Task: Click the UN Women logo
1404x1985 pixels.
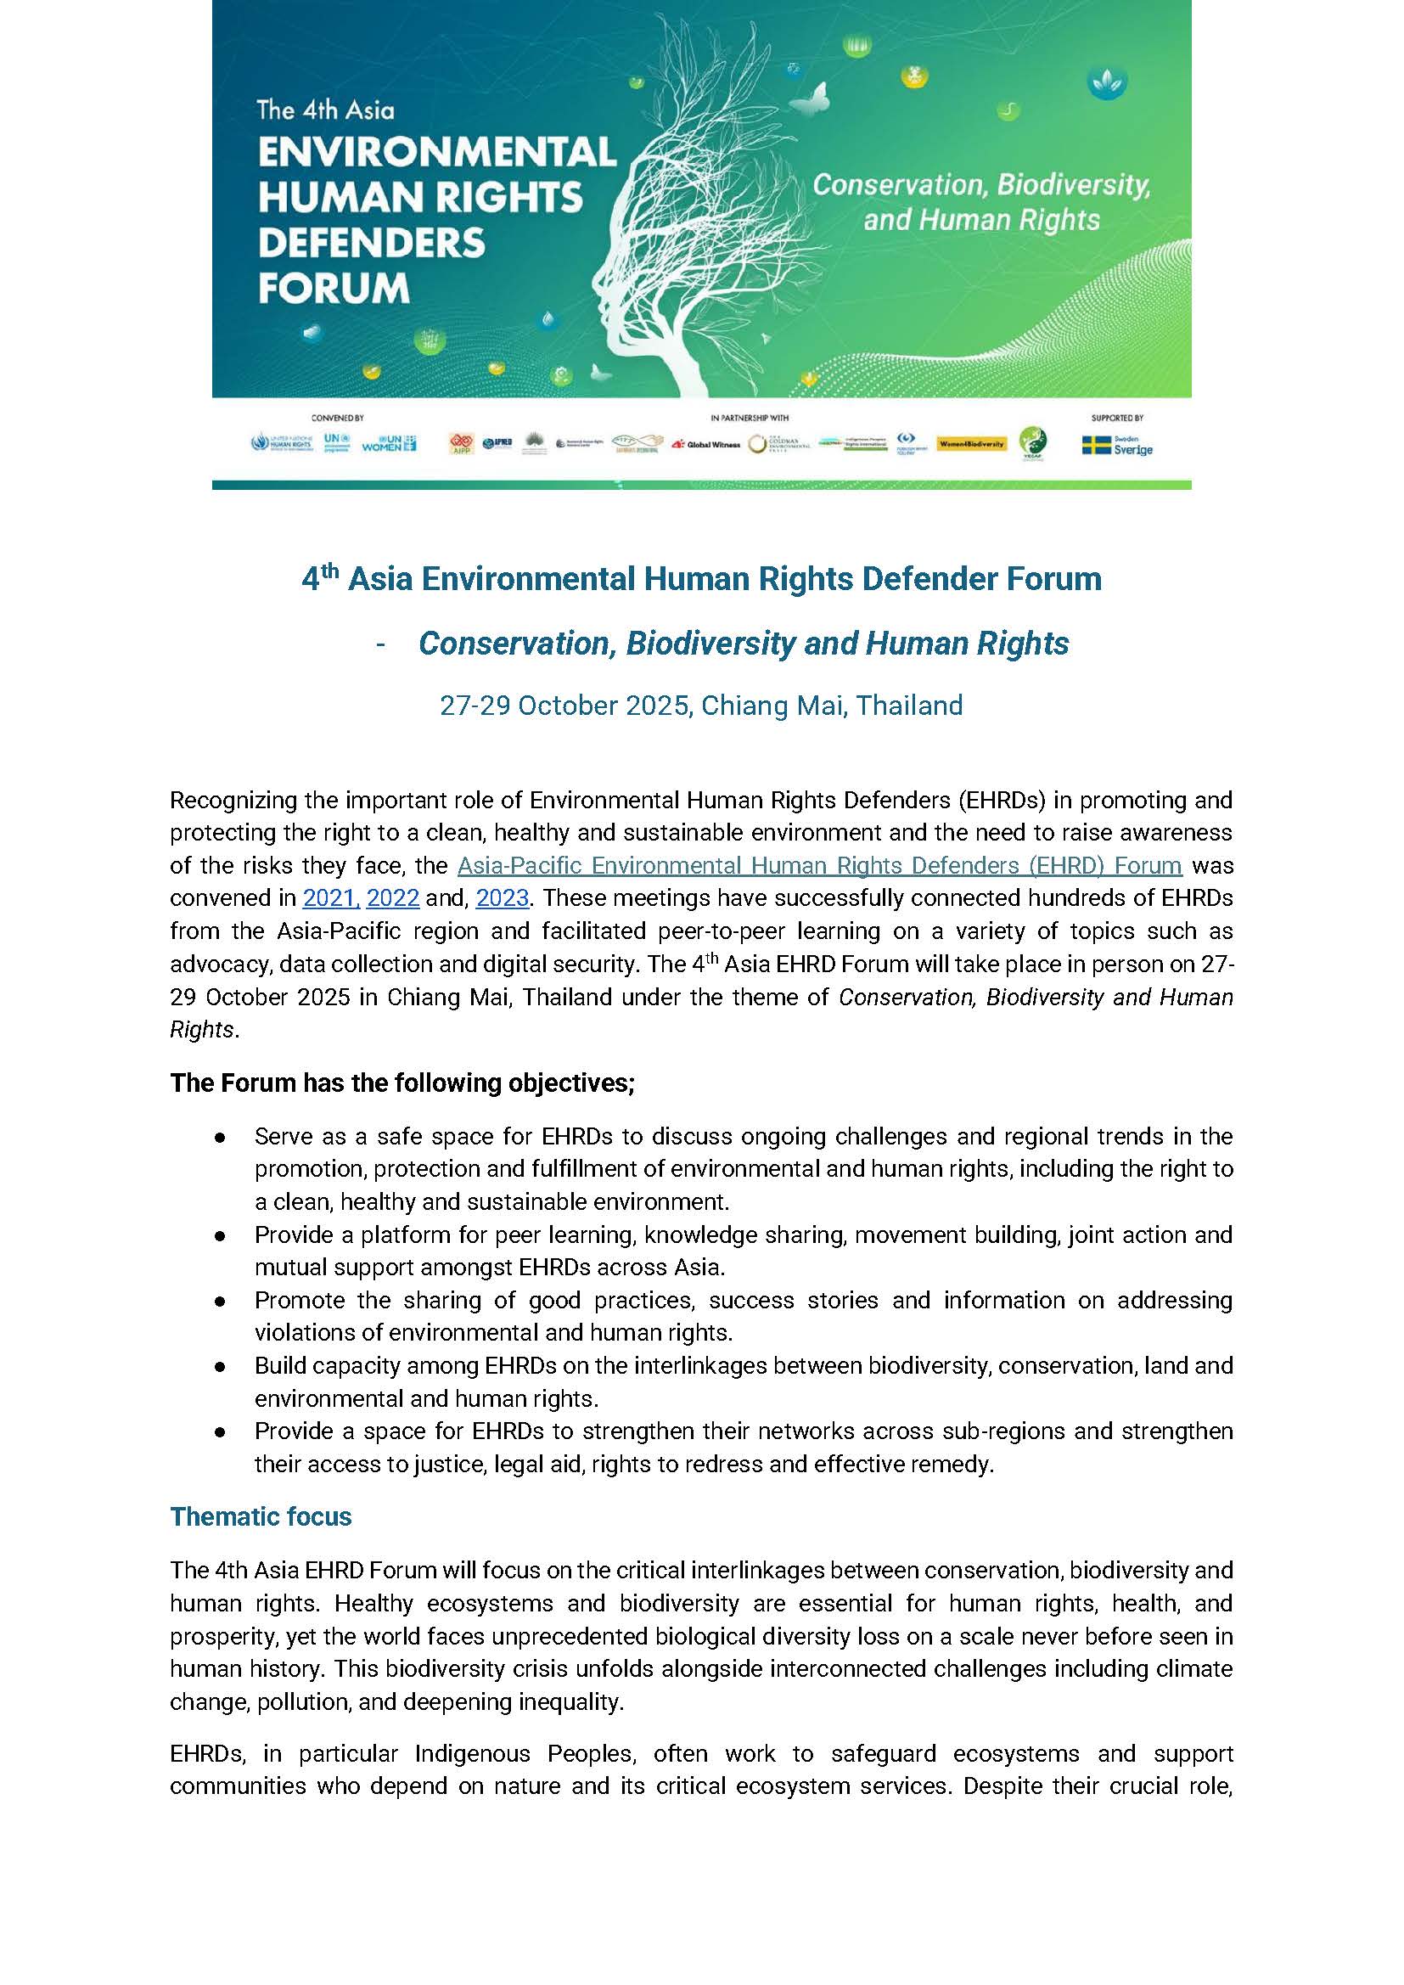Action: tap(388, 443)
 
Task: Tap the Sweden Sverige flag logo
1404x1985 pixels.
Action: tap(1117, 444)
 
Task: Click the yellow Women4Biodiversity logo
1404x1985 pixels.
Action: tap(971, 443)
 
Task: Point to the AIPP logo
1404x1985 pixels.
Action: tap(461, 444)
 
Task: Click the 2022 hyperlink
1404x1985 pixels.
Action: tap(392, 898)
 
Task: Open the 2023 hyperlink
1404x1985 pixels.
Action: tap(502, 898)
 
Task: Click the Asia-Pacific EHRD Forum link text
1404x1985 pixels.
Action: tap(818, 865)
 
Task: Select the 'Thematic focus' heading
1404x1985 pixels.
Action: tap(261, 1516)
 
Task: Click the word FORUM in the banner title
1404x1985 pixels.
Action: tap(334, 288)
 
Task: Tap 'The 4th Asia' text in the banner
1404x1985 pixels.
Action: tap(325, 110)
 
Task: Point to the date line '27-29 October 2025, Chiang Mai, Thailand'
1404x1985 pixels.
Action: tap(701, 706)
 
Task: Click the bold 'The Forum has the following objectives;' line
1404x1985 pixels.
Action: tap(402, 1082)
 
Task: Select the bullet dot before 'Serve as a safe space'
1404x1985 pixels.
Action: tap(222, 1136)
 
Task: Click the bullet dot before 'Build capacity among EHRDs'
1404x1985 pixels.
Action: tap(222, 1366)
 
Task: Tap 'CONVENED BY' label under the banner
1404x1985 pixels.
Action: tap(338, 419)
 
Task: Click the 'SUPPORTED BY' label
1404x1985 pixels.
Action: tap(1117, 419)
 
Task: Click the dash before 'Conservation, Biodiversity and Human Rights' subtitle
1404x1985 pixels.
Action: tap(381, 644)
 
